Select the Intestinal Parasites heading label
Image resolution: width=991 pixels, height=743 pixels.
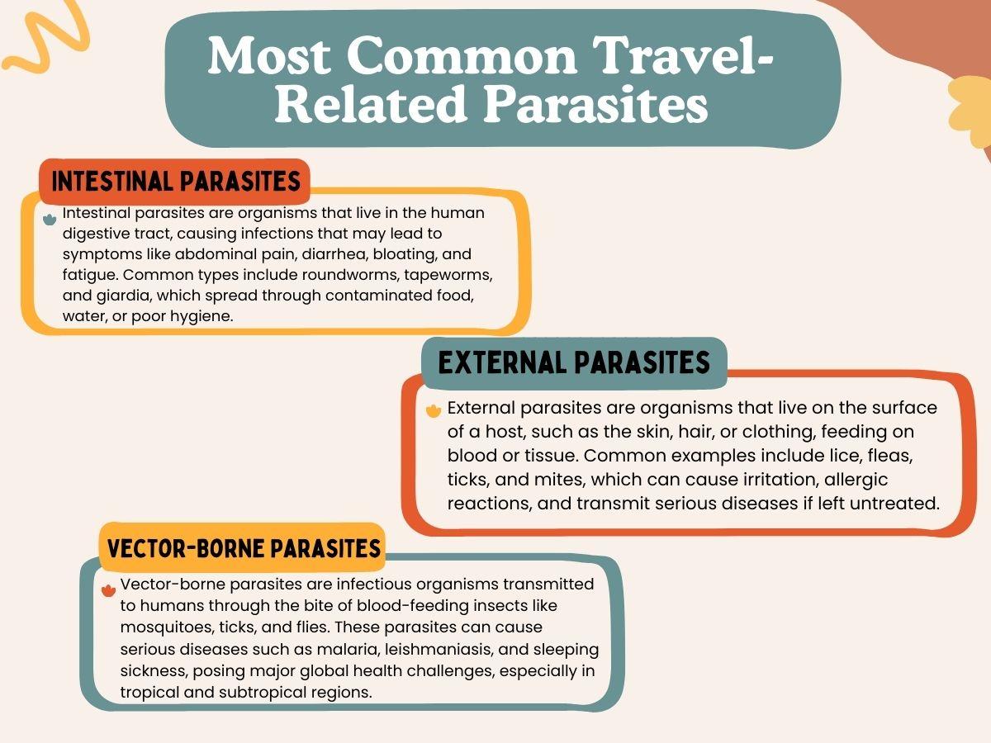pyautogui.click(x=175, y=182)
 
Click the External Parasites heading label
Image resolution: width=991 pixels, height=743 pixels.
pyautogui.click(x=574, y=363)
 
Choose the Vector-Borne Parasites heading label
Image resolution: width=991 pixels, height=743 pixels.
pyautogui.click(x=243, y=548)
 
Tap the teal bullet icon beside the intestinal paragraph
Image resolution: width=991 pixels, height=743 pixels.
pyautogui.click(x=50, y=220)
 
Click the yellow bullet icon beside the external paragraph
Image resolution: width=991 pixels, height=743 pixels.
pyautogui.click(x=434, y=410)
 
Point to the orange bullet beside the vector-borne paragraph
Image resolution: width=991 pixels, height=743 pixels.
pyautogui.click(x=108, y=590)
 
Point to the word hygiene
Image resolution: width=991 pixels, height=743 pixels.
pyautogui.click(x=202, y=317)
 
